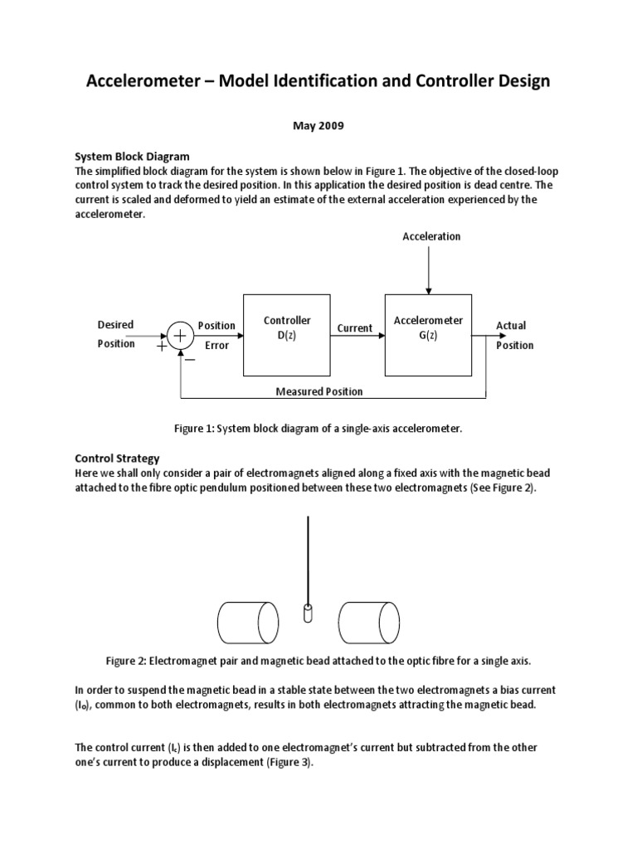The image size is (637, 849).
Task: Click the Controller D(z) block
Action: pos(286,334)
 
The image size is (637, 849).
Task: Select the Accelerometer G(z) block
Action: pos(428,334)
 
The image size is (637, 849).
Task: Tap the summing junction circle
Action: pos(180,335)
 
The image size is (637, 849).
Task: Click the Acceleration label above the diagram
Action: pos(430,236)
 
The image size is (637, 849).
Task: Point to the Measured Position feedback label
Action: pos(318,391)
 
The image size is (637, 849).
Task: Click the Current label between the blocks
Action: pos(355,328)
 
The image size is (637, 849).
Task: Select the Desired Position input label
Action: pos(116,334)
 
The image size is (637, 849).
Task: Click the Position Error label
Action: pos(216,335)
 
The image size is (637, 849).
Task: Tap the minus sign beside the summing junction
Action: pos(190,360)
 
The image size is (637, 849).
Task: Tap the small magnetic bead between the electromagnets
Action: pos(309,614)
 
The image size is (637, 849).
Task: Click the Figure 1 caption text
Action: pos(318,429)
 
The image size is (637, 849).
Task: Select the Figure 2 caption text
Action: pos(318,661)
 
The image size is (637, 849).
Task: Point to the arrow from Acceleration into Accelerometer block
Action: pos(428,269)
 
